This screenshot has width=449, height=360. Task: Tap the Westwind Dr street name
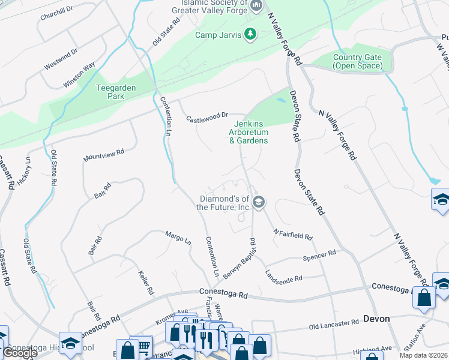61,50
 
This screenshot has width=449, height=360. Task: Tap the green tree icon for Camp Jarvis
250,35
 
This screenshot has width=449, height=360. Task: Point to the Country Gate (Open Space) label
357,61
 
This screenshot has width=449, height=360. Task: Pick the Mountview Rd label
104,155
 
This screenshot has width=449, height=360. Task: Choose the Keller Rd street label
145,281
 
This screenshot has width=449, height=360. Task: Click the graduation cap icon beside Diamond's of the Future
259,202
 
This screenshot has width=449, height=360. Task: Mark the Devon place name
376,318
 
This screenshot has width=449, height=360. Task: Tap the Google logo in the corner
19,353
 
